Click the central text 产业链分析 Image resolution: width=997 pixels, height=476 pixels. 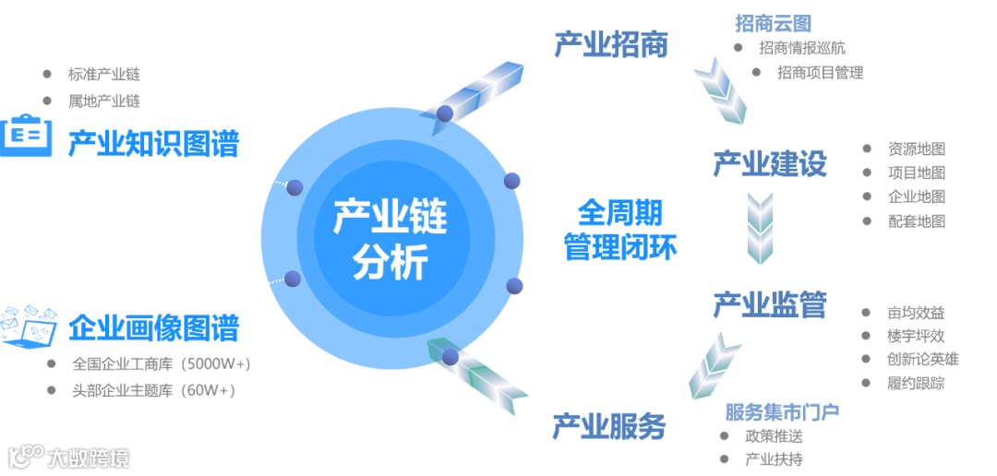(390, 239)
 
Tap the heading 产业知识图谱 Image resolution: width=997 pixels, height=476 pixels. (153, 143)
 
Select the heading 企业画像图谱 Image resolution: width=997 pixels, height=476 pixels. (153, 327)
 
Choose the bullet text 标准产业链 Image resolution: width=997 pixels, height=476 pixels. (103, 75)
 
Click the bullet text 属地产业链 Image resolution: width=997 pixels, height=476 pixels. (103, 101)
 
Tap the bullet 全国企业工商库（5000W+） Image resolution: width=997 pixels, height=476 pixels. (162, 363)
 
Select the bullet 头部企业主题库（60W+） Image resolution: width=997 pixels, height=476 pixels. (153, 390)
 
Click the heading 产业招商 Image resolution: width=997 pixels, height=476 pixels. (610, 44)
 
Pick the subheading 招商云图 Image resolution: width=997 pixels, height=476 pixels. (773, 23)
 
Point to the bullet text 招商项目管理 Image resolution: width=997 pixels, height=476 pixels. (820, 72)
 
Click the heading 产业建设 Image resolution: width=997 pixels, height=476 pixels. (769, 164)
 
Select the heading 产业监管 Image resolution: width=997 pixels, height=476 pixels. (769, 304)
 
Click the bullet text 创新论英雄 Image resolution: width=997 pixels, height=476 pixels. (922, 360)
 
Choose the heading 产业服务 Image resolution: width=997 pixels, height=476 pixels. (608, 426)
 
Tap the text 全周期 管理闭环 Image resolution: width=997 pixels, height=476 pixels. (620, 231)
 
